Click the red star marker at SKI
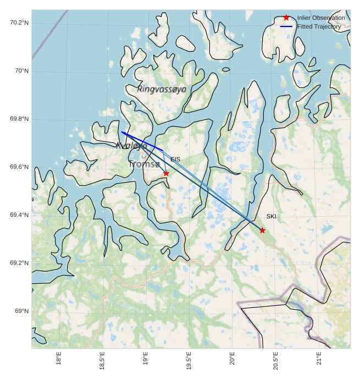262,230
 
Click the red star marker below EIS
166,174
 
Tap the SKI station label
271,217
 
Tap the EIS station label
175,159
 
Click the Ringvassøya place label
162,89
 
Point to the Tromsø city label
145,164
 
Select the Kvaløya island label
131,146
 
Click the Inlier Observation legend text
321,18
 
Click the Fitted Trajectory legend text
319,26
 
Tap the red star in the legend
286,18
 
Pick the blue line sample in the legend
286,26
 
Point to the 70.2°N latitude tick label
19,23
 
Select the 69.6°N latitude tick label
19,167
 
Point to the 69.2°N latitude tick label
19,263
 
